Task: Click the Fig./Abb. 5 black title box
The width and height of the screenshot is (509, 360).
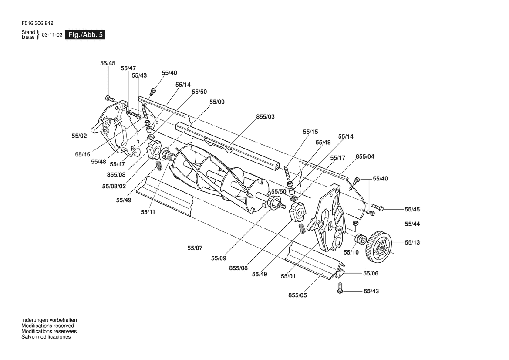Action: tap(85, 35)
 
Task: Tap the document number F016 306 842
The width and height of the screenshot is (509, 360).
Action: tap(37, 24)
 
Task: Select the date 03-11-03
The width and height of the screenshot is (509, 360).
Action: tap(52, 35)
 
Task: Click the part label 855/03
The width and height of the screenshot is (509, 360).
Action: tap(265, 117)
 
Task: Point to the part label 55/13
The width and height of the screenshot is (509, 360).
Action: tap(412, 242)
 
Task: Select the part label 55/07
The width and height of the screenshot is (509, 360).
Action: tap(195, 248)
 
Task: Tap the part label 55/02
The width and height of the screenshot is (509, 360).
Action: tap(79, 136)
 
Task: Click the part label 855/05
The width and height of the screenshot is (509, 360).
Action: tap(297, 295)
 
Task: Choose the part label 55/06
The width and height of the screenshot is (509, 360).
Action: tap(371, 274)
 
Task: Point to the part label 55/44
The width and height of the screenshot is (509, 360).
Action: tap(412, 224)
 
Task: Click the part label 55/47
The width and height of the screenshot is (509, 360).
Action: tap(128, 68)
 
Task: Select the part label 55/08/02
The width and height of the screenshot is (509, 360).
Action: tap(114, 187)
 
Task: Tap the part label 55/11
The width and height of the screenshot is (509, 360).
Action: tap(148, 212)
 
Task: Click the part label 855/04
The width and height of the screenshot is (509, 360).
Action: tap(365, 156)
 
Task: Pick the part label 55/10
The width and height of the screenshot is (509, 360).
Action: tap(351, 252)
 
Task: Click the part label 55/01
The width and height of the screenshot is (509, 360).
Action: tap(288, 276)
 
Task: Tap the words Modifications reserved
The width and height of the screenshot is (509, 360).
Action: tap(48, 326)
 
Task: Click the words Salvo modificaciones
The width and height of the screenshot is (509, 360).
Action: tap(46, 337)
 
